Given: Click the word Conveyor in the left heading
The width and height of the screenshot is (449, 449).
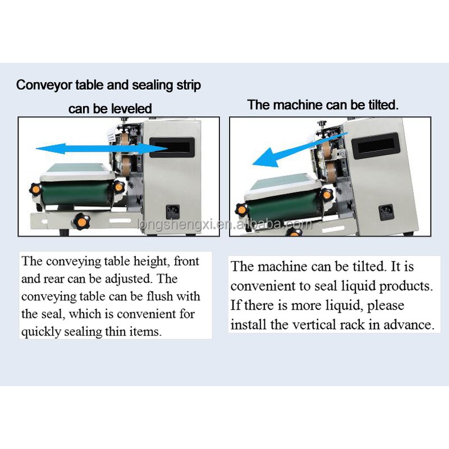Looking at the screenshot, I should (x=40, y=85).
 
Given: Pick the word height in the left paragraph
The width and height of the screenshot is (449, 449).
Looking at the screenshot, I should (x=149, y=262).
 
